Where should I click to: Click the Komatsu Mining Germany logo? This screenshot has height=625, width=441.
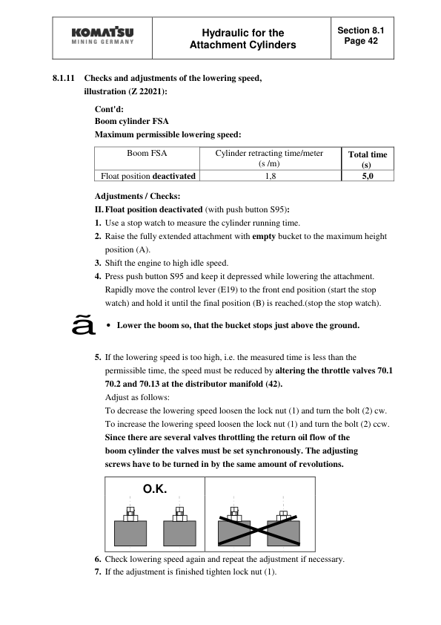[x=103, y=38]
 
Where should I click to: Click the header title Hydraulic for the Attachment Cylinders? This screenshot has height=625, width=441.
[x=242, y=39]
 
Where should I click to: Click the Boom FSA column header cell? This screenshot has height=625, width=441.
[x=147, y=154]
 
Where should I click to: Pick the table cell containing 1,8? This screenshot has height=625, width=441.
[x=270, y=176]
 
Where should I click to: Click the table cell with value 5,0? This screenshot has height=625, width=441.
[x=367, y=176]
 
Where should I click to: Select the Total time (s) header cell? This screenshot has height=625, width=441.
[x=367, y=159]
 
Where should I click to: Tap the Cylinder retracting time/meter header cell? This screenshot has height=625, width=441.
[x=269, y=158]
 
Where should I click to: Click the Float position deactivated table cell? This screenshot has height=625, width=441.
[x=147, y=176]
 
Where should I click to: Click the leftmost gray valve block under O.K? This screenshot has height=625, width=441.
[x=130, y=532]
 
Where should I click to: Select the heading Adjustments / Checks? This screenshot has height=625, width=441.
[x=127, y=196]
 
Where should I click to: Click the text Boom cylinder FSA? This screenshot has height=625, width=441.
[x=131, y=121]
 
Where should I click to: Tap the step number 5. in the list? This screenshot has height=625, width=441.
[x=99, y=357]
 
